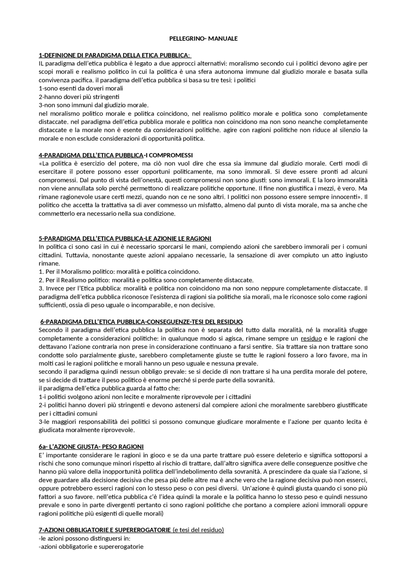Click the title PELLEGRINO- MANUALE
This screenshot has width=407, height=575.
click(203, 39)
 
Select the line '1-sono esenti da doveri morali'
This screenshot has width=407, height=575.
click(81, 88)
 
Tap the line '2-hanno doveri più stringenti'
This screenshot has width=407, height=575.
click(79, 97)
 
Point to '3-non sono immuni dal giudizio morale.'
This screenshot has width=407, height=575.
click(94, 105)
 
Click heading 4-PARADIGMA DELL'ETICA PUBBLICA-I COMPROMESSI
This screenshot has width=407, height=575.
click(116, 155)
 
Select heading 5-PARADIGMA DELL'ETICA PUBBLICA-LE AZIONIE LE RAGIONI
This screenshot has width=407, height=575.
click(125, 238)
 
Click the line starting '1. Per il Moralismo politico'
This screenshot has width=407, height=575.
click(120, 272)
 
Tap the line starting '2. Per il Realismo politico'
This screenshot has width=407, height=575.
click(146, 280)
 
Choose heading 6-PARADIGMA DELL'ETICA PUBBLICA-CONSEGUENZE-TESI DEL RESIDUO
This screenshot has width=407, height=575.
click(141, 322)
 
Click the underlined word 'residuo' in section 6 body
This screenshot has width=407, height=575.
click(311, 338)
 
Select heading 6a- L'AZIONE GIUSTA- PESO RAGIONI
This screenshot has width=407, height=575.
click(91, 447)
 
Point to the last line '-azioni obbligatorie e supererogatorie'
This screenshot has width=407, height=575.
click(91, 547)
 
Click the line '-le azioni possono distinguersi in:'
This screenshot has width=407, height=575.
click(85, 538)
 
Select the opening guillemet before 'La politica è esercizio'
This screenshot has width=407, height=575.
click(40, 164)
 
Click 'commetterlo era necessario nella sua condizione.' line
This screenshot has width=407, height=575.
click(107, 214)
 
